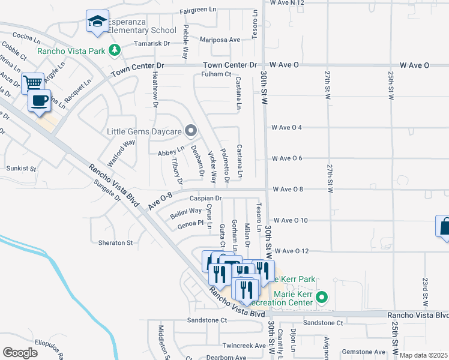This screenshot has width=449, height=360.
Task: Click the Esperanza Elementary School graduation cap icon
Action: (x=97, y=22)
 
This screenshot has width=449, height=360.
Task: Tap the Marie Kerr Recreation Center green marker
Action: (x=322, y=296)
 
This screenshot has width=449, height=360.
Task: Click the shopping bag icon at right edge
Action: (x=444, y=227)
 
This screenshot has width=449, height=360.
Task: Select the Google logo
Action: (x=20, y=352)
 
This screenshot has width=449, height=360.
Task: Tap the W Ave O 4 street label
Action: (x=291, y=127)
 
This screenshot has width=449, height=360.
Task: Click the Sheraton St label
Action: (x=115, y=243)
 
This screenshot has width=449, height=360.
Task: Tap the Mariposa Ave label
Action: (x=221, y=40)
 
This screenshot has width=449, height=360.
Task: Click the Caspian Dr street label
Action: (x=206, y=198)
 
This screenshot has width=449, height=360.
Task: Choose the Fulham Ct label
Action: (x=216, y=74)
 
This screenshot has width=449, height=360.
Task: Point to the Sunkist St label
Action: (x=21, y=170)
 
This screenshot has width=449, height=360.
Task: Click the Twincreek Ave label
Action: (x=243, y=346)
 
